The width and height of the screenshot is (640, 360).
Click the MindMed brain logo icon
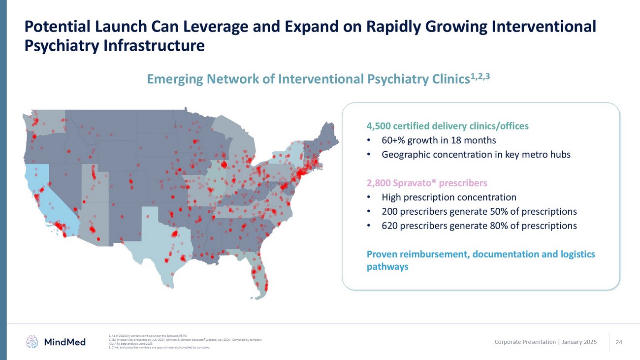click(x=32, y=341)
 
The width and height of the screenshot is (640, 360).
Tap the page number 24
click(x=619, y=342)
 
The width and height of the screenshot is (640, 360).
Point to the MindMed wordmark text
click(x=64, y=342)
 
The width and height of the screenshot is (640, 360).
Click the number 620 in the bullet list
click(x=390, y=226)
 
